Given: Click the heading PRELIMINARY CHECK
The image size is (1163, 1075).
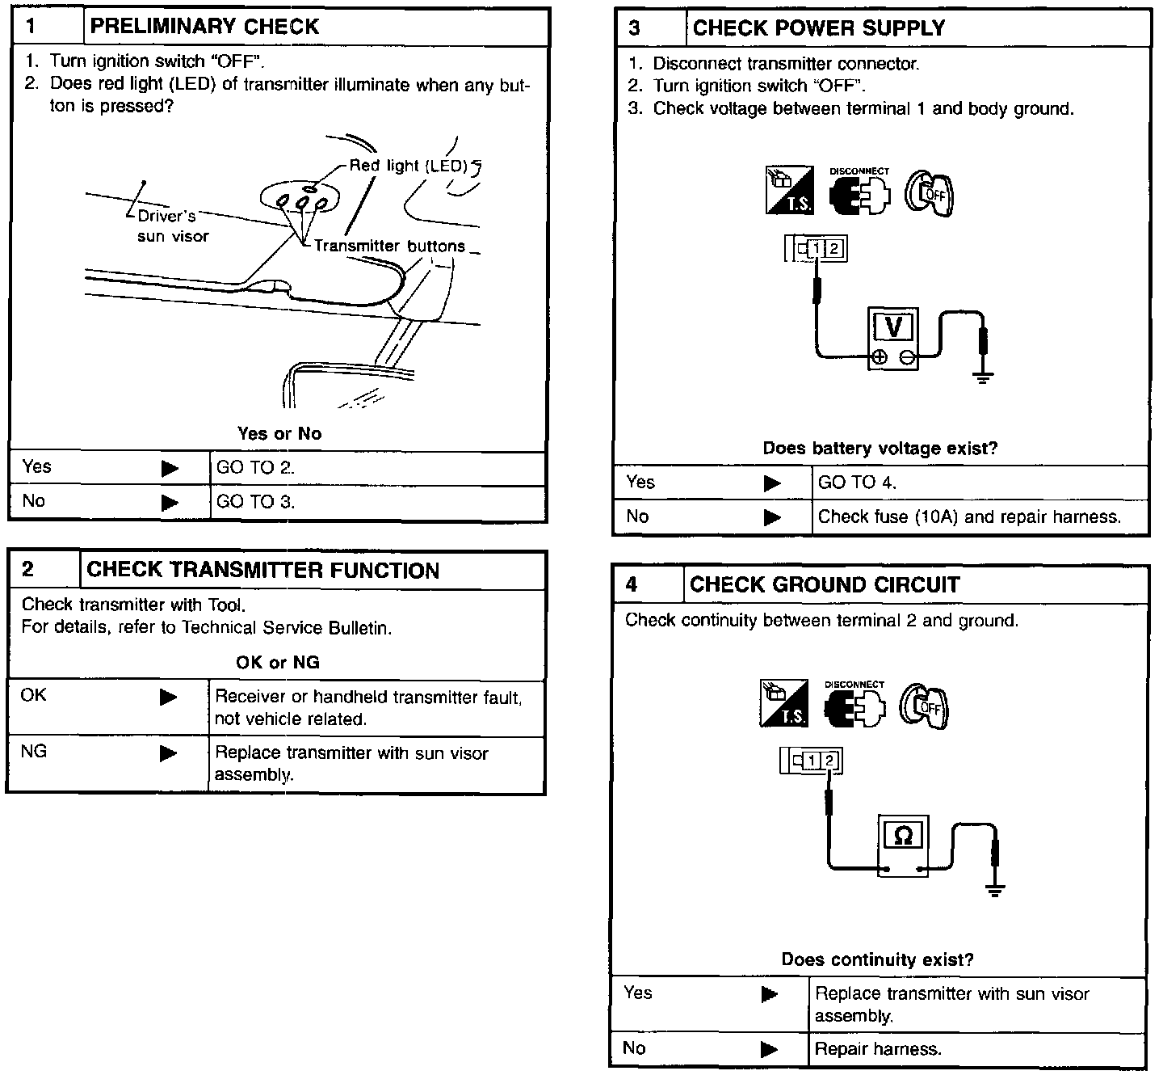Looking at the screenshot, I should (x=204, y=27).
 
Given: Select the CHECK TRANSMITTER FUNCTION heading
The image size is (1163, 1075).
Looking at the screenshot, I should (x=262, y=570).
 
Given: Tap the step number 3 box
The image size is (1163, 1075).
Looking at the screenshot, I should (x=636, y=28).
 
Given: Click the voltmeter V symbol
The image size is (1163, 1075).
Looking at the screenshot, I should (x=893, y=327).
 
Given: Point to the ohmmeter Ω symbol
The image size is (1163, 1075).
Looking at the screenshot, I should (x=904, y=836).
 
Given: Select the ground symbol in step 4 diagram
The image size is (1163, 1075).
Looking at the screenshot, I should (x=995, y=891).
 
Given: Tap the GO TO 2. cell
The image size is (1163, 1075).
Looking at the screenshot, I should (x=255, y=467).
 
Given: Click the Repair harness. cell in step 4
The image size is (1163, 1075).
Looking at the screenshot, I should (x=878, y=1049).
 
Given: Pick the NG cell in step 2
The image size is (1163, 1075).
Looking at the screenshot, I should (x=34, y=752).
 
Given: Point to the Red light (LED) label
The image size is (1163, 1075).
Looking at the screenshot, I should (x=409, y=166).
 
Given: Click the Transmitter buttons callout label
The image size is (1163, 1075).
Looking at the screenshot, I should (x=389, y=246).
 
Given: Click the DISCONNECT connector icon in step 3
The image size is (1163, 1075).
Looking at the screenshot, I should (x=859, y=193).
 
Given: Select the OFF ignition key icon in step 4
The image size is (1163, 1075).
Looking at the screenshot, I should (x=926, y=706).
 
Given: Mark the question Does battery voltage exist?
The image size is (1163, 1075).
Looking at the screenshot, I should (x=880, y=448).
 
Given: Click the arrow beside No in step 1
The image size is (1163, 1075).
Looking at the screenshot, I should (x=170, y=502).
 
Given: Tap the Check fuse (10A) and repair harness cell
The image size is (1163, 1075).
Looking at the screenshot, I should (x=969, y=516).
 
